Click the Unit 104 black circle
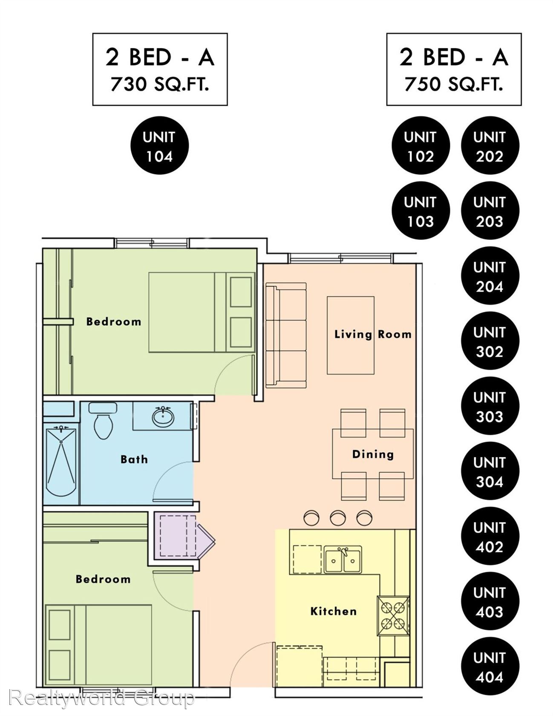[x=159, y=146]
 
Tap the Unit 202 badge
[x=490, y=146]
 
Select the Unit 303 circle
[x=490, y=406]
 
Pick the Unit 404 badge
[x=490, y=667]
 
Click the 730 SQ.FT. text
[x=160, y=84]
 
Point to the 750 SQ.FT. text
[x=454, y=84]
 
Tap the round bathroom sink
[x=163, y=416]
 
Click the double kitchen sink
[x=343, y=560]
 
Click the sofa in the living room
[x=286, y=335]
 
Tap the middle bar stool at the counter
[x=338, y=518]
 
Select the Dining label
[x=373, y=454]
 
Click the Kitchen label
[x=333, y=612]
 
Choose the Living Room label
[x=373, y=334]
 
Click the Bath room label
[x=134, y=459]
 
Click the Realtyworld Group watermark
[x=101, y=698]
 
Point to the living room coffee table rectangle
[x=351, y=335]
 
